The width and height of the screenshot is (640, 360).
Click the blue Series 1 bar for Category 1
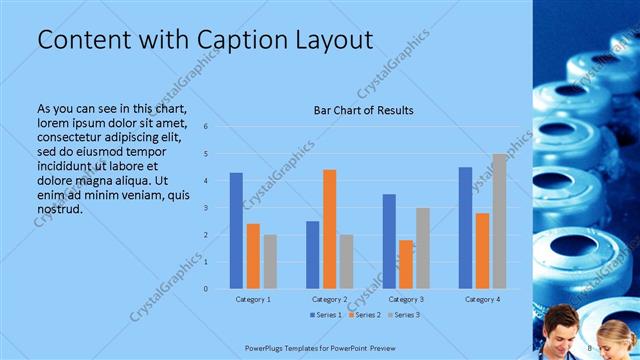point(236,231)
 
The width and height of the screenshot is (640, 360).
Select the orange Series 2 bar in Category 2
point(329,229)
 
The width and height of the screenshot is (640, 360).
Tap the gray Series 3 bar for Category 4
point(499,221)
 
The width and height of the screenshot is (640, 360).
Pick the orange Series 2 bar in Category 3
point(406,264)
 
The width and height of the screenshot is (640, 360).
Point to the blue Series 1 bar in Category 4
point(465,228)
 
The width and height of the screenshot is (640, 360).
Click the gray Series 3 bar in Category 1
point(270,262)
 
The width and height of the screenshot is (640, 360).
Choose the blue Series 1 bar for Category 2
point(312,255)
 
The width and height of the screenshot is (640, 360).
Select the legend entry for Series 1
point(327,315)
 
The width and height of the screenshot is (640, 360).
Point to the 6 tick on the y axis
point(205,127)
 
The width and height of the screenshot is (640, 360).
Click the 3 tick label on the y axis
point(205,208)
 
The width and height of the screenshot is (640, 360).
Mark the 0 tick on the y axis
point(205,289)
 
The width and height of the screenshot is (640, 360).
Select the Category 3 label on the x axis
point(405,299)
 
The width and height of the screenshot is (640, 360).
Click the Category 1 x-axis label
point(253,299)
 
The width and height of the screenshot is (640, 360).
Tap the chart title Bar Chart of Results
point(364,110)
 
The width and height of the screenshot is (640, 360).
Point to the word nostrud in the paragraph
point(58,209)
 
